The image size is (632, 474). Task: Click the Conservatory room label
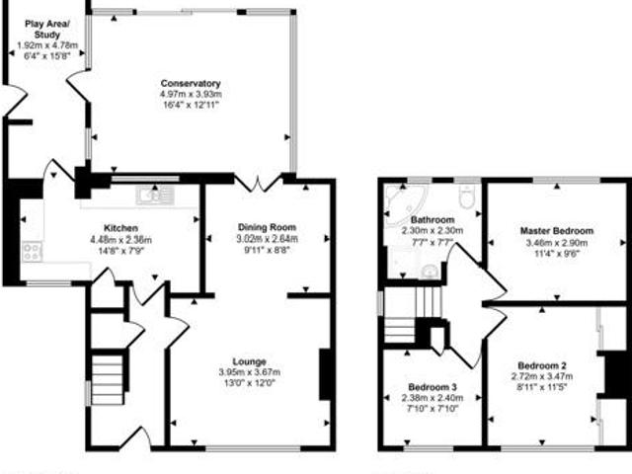pyautogui.click(x=190, y=83)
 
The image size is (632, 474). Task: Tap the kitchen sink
pyautogui.click(x=156, y=195)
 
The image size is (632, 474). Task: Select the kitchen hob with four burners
pyautogui.click(x=32, y=251)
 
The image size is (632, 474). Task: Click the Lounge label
pyautogui.click(x=248, y=360)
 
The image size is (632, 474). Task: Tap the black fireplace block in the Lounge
pyautogui.click(x=324, y=374)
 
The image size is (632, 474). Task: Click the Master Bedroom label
pyautogui.click(x=555, y=231)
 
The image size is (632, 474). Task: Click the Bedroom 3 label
pyautogui.click(x=433, y=387)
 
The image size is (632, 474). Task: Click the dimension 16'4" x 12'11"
pyautogui.click(x=190, y=105)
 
